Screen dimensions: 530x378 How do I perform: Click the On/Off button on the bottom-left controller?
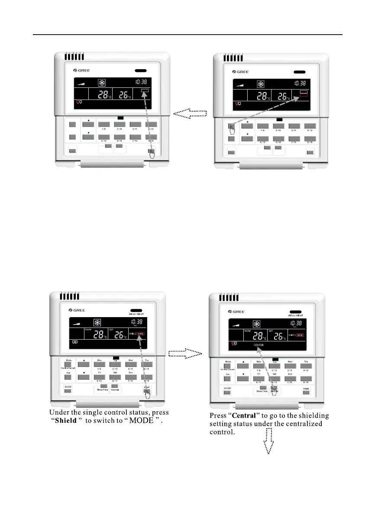coord(68,391)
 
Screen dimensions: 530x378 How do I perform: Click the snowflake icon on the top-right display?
coord(261,84)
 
